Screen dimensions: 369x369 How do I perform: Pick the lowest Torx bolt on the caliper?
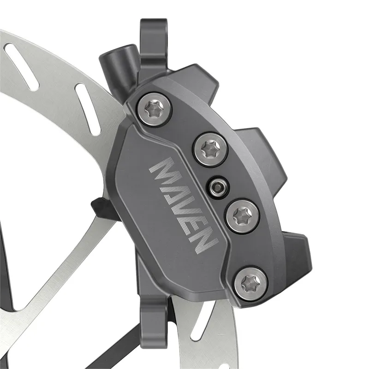[x=251, y=282]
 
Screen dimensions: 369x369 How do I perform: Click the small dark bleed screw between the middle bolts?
[x=217, y=185]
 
